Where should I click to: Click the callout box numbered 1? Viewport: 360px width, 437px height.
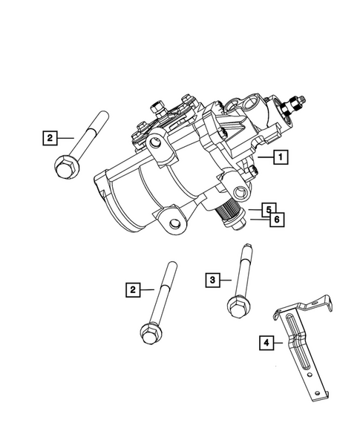point(280,157)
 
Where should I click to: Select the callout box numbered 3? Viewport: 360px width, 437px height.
point(212,279)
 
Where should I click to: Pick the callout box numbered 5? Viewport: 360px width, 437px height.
point(269,209)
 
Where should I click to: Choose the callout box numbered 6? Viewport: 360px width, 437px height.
point(275,220)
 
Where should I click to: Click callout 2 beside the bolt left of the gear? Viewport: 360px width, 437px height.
point(49,137)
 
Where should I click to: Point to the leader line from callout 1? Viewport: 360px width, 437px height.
point(264,157)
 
